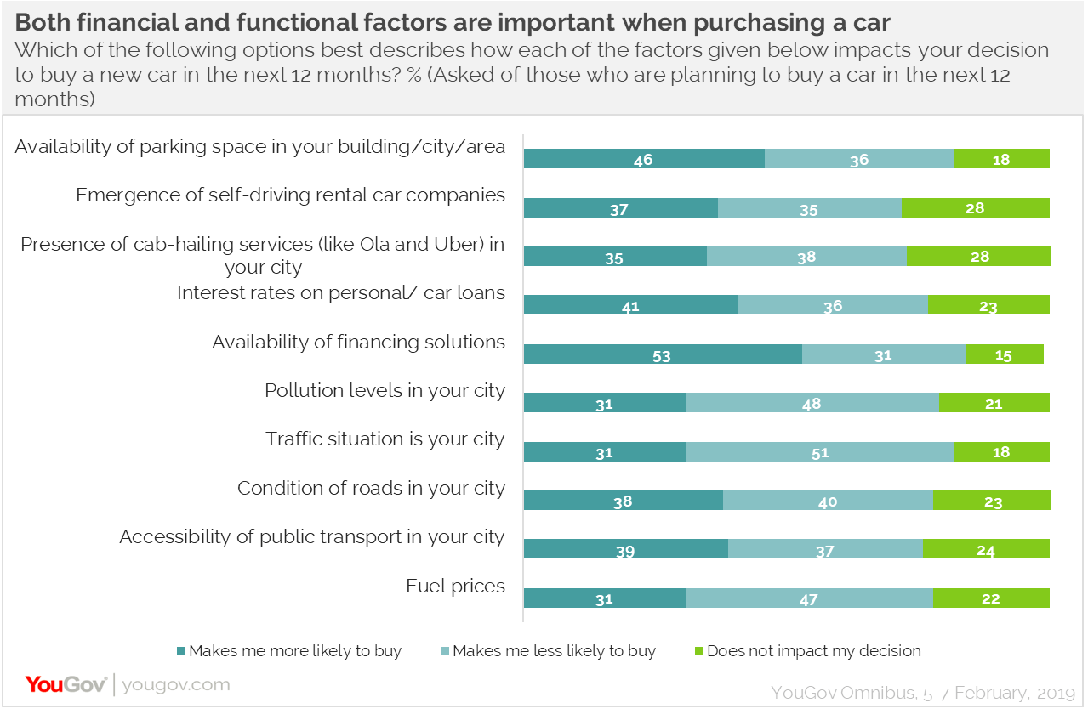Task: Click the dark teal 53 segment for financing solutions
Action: click(663, 354)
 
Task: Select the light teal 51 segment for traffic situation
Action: click(820, 452)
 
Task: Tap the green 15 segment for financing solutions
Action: click(1004, 354)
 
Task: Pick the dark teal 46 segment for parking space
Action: click(644, 159)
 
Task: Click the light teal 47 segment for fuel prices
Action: click(809, 598)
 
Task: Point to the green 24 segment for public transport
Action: click(986, 550)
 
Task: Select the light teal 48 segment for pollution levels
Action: click(812, 403)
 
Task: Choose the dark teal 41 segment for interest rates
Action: click(630, 306)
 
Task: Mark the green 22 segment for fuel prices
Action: click(991, 598)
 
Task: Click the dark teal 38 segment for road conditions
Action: click(623, 501)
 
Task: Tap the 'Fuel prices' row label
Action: click(455, 586)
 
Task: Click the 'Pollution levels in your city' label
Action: click(385, 391)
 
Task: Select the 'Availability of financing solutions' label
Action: click(358, 342)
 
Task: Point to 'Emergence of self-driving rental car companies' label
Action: click(290, 195)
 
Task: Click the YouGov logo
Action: click(66, 684)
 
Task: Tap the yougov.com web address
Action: click(176, 684)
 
